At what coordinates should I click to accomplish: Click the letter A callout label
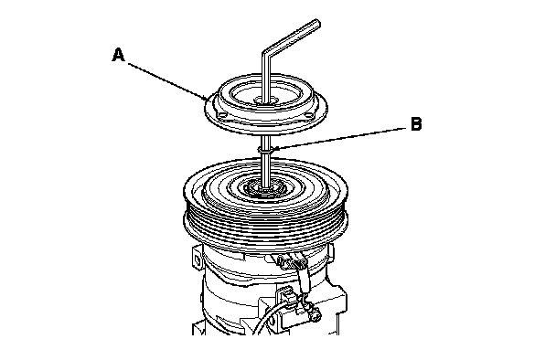(x=119, y=55)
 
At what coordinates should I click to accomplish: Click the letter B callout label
(x=416, y=124)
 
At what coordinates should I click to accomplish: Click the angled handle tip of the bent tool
(x=317, y=24)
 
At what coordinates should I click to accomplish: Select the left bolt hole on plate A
(x=222, y=114)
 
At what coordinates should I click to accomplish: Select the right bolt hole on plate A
(x=308, y=114)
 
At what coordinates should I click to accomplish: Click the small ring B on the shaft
(x=266, y=150)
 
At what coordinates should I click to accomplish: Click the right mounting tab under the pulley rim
(x=332, y=250)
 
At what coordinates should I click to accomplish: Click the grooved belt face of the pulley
(x=266, y=227)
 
